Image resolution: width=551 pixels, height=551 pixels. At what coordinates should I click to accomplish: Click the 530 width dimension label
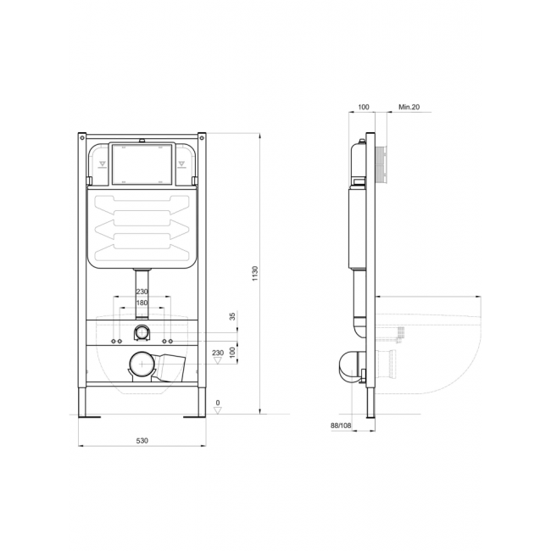pyautogui.click(x=142, y=440)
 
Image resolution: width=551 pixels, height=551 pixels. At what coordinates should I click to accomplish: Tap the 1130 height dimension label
pyautogui.click(x=255, y=273)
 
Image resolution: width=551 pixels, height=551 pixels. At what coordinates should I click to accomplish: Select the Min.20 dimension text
pyautogui.click(x=409, y=107)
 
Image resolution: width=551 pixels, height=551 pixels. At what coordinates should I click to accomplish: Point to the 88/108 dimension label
pyautogui.click(x=341, y=426)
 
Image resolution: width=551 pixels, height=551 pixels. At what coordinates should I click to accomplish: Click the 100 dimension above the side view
pyautogui.click(x=364, y=107)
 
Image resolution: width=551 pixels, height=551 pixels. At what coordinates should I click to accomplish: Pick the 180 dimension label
pyautogui.click(x=142, y=303)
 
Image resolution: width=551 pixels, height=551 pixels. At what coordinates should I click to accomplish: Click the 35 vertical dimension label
pyautogui.click(x=232, y=316)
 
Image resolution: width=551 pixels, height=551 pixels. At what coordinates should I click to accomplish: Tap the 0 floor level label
pyautogui.click(x=218, y=403)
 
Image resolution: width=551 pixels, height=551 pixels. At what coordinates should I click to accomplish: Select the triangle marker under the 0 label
pyautogui.click(x=218, y=410)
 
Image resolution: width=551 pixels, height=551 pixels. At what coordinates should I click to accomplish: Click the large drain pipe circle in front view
pyautogui.click(x=142, y=364)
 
